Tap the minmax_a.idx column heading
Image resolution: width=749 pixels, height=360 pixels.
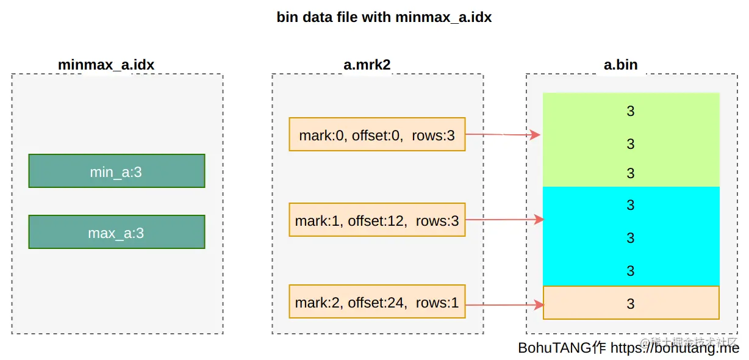pos(106,65)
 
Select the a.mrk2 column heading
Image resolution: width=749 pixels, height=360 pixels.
pos(367,65)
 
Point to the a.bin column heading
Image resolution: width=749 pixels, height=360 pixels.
pos(620,65)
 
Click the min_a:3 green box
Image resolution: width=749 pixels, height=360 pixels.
pos(116,171)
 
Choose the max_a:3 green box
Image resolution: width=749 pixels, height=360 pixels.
pos(116,232)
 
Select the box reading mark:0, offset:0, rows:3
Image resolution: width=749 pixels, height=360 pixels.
pos(377,134)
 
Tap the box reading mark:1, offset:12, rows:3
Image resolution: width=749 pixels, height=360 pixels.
pos(377,220)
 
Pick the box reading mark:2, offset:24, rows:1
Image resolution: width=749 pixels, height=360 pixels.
pos(377,301)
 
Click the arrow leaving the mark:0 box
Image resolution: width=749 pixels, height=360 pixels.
pos(503,134)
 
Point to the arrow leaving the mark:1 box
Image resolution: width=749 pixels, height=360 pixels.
pos(505,220)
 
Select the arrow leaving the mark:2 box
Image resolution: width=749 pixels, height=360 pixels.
pos(505,305)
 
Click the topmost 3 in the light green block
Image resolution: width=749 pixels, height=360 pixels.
pos(630,111)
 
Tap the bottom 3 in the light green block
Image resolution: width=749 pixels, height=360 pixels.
pos(630,173)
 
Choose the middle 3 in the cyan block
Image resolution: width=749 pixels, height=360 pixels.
pos(630,238)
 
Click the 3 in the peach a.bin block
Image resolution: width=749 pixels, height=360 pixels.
pos(630,304)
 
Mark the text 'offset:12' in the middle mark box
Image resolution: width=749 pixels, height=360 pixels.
pos(378,221)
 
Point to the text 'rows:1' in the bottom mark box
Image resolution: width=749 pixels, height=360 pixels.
pos(437,303)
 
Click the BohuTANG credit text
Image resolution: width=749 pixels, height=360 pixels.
pos(628,348)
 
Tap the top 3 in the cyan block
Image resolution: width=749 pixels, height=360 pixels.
pos(630,205)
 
